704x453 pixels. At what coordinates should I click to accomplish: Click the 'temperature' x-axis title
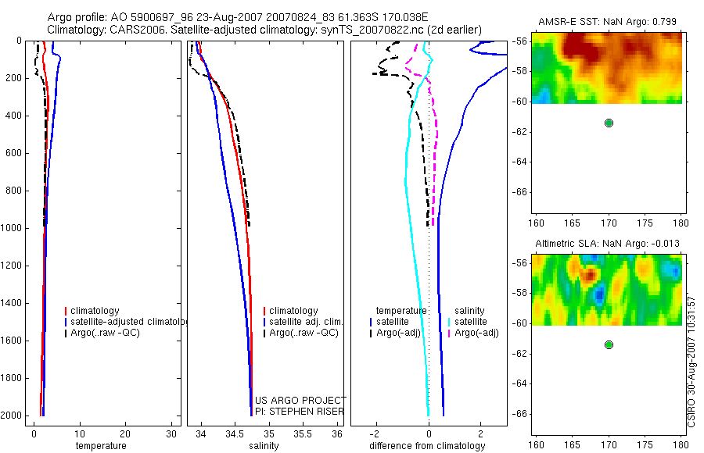pyautogui.click(x=100, y=446)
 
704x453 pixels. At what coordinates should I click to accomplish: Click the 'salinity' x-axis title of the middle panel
pyautogui.click(x=263, y=446)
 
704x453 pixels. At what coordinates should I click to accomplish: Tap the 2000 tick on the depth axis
pyautogui.click(x=16, y=416)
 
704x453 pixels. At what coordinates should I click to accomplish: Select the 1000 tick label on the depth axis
pyautogui.click(x=16, y=228)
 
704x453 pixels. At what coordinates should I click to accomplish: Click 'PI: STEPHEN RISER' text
pyautogui.click(x=300, y=412)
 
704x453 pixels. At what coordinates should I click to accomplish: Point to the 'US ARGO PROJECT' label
pyautogui.click(x=300, y=401)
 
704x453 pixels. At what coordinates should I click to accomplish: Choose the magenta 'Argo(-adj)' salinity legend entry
pyautogui.click(x=476, y=333)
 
